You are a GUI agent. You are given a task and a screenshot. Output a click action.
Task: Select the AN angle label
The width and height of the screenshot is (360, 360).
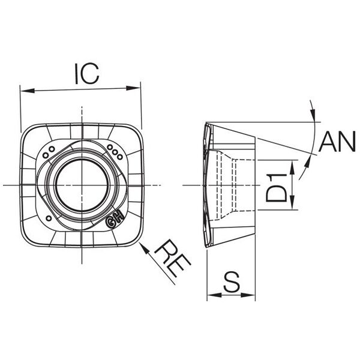click(x=337, y=142)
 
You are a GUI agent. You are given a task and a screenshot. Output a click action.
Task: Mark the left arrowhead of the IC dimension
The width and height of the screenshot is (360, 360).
click(x=24, y=92)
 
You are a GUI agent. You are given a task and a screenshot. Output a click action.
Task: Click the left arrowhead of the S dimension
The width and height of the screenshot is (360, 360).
click(x=210, y=295)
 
